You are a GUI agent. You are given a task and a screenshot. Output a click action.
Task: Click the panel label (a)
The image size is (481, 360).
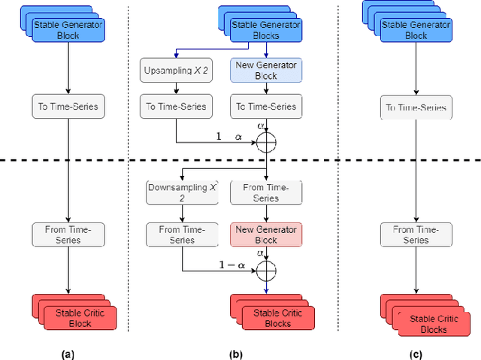(68, 352)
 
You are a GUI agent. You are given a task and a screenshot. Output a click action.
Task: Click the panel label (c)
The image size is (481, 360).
(415, 352)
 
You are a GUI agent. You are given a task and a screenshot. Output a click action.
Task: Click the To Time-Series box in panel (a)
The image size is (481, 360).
(68, 106)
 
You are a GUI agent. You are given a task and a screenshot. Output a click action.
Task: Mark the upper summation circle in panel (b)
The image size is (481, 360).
(267, 143)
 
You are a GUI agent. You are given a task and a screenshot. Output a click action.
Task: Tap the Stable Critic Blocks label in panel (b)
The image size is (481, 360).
(272, 317)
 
